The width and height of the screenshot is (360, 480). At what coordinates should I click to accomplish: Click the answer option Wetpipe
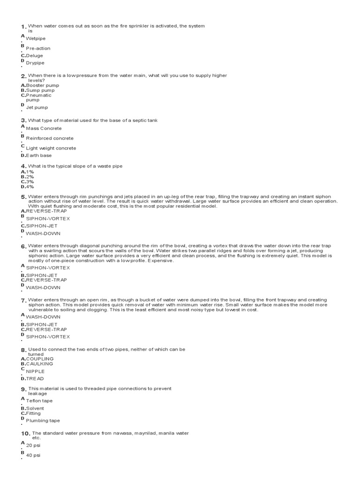click(36, 38)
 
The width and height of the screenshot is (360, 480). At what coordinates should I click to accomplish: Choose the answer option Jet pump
click(37, 107)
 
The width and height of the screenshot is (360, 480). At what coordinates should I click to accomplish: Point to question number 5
click(23, 197)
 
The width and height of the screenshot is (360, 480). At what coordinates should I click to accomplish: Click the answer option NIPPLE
click(36, 371)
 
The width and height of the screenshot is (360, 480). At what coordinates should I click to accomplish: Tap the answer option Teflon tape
click(39, 401)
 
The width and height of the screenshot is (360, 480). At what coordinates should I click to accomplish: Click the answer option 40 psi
click(33, 455)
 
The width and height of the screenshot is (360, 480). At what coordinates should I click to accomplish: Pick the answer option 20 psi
click(33, 445)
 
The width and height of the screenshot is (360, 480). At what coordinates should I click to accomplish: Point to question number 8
click(23, 350)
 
